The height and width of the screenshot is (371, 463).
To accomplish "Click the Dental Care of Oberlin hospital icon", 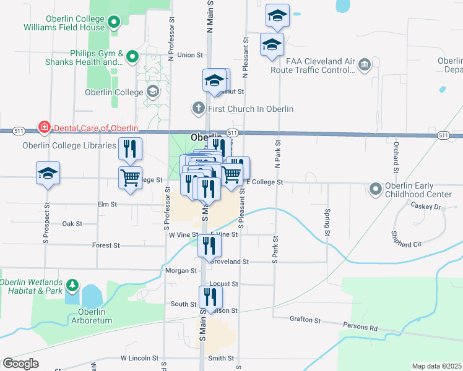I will click(x=44, y=128).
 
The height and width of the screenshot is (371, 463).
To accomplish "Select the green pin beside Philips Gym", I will click(x=132, y=58).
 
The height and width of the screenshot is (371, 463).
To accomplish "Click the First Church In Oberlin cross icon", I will click(x=198, y=109).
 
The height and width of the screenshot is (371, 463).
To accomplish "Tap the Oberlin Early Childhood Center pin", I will click(x=375, y=189).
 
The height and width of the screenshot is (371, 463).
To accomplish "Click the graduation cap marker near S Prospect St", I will click(x=48, y=174).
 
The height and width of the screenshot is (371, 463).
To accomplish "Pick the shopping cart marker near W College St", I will click(x=131, y=177).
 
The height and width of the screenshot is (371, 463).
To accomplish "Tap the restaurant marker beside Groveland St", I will click(x=210, y=245).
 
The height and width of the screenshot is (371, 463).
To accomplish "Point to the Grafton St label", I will click(x=305, y=320).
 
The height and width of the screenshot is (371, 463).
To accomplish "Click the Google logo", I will click(x=20, y=364).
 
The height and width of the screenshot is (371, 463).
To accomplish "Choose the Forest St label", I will click(x=106, y=245).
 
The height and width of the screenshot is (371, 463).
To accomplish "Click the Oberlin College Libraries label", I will click(x=61, y=145).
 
